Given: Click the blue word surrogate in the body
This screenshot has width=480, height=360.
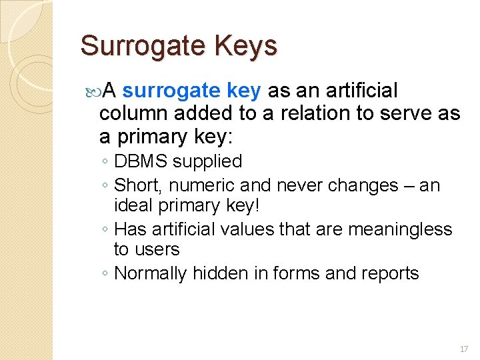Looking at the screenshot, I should point(172,91).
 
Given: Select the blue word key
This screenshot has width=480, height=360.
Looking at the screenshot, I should point(246,91).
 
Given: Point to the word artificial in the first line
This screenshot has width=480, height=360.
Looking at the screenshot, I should point(360,91).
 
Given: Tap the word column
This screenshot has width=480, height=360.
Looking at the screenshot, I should point(133,113).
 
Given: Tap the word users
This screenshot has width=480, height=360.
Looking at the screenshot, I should point(158,250).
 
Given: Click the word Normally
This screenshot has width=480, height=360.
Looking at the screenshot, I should point(151,273).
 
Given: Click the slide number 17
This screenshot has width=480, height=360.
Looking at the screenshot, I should point(464,349).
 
